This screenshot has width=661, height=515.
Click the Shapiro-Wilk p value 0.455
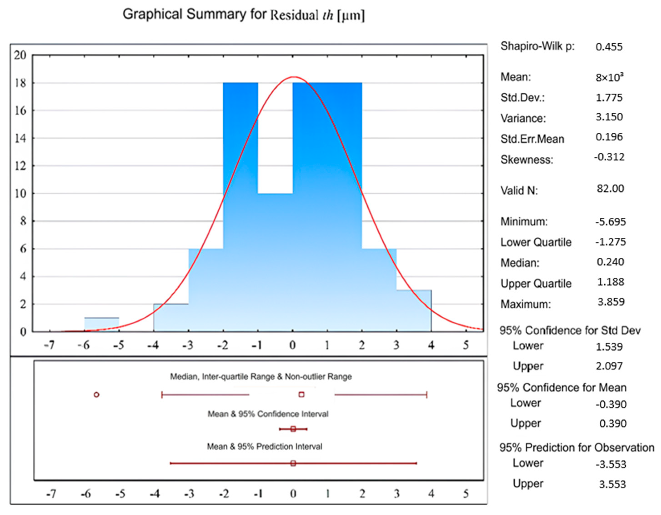609,47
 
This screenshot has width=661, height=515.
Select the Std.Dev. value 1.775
609,98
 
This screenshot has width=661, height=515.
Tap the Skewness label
527,159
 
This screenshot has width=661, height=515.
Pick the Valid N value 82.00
610,189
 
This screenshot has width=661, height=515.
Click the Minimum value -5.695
610,222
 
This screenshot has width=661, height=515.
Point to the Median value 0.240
610,262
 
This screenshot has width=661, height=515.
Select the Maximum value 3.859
611,302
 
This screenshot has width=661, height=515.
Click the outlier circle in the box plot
97,395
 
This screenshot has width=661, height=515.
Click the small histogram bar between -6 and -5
102,324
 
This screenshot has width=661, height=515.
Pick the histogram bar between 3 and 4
414,311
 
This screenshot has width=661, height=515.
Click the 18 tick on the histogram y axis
21,83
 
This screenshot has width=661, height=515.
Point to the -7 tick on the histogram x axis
49,345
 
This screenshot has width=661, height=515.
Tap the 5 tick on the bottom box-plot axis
466,494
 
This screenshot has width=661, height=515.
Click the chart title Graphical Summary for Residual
243,15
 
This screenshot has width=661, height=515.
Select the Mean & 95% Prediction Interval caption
264,447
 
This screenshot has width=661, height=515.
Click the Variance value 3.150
609,117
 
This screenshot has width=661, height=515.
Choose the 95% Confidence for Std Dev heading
570,331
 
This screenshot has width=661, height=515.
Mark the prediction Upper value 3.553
612,484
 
